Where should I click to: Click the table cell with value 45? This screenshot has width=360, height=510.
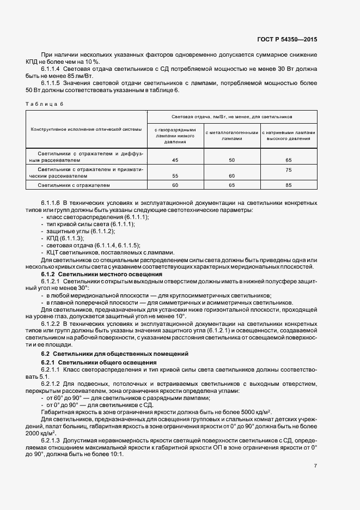175,160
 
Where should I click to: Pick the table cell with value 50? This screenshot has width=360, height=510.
231,160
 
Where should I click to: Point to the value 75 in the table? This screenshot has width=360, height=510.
288,169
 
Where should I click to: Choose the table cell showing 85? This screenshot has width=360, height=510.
288,185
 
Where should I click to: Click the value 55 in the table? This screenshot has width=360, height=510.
175,176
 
